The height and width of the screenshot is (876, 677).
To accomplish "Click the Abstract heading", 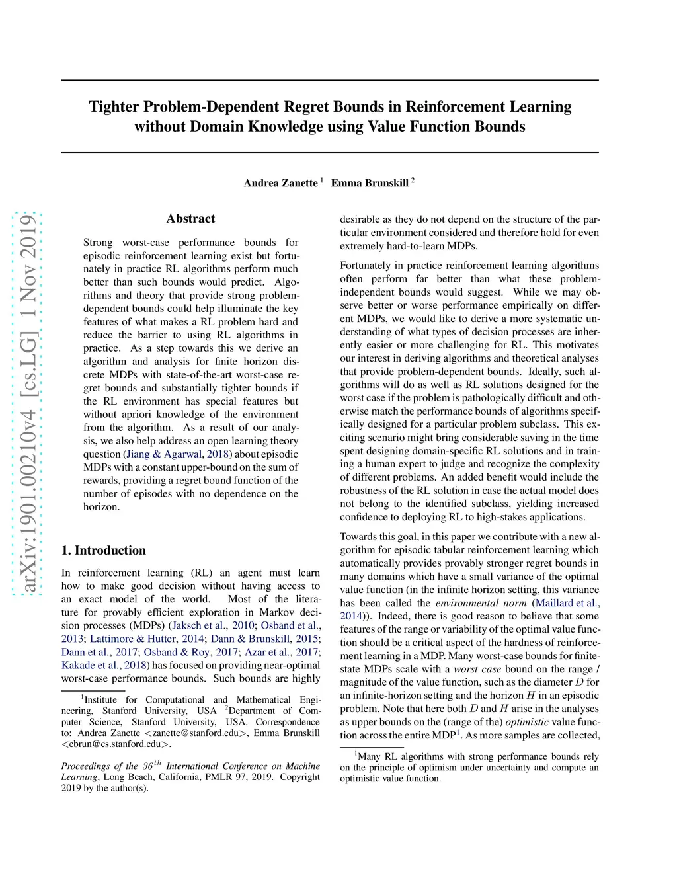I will click(x=190, y=219).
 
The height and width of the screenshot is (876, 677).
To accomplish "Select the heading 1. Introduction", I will click(x=104, y=551).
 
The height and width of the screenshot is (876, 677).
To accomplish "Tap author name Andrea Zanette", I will click(x=280, y=183).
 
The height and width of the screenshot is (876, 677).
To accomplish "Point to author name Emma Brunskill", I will click(x=370, y=183).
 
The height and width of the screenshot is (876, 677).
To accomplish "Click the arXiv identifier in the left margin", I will click(x=28, y=403).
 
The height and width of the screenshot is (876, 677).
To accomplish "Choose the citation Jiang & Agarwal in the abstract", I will click(x=163, y=454).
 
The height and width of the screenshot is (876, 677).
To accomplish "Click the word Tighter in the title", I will click(x=113, y=107).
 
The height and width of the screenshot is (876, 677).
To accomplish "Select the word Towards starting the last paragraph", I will click(x=360, y=537).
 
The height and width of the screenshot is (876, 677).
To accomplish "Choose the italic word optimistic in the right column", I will click(x=527, y=722).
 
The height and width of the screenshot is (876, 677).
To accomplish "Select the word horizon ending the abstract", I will click(x=101, y=507).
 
